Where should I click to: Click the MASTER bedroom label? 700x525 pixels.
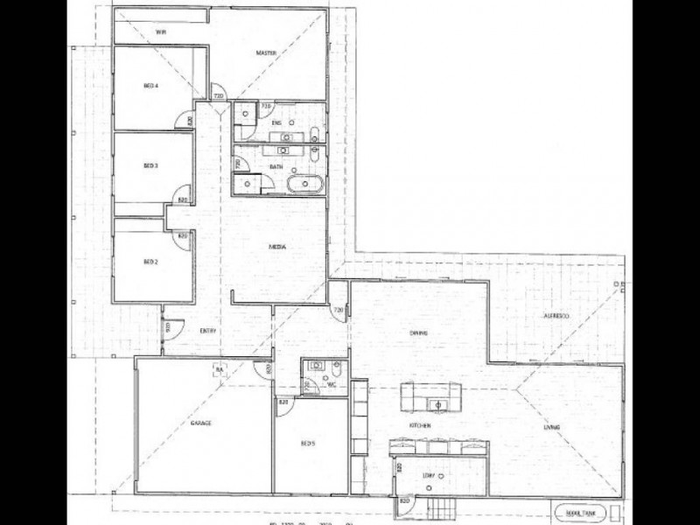[266, 54]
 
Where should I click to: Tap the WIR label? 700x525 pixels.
[161, 31]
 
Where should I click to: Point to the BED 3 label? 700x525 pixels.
[150, 165]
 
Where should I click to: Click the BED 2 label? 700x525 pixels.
[150, 262]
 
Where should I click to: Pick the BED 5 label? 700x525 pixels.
[307, 444]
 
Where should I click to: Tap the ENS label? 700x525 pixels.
[275, 123]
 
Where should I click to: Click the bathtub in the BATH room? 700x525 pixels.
[305, 185]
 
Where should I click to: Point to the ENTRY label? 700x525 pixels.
[207, 330]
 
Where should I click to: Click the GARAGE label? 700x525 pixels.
[201, 423]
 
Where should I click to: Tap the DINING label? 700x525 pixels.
[417, 332]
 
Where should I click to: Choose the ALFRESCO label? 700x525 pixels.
[556, 314]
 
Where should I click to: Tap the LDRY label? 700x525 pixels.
[429, 475]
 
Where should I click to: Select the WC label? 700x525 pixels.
[333, 385]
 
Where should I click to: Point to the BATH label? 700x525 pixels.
[275, 166]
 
